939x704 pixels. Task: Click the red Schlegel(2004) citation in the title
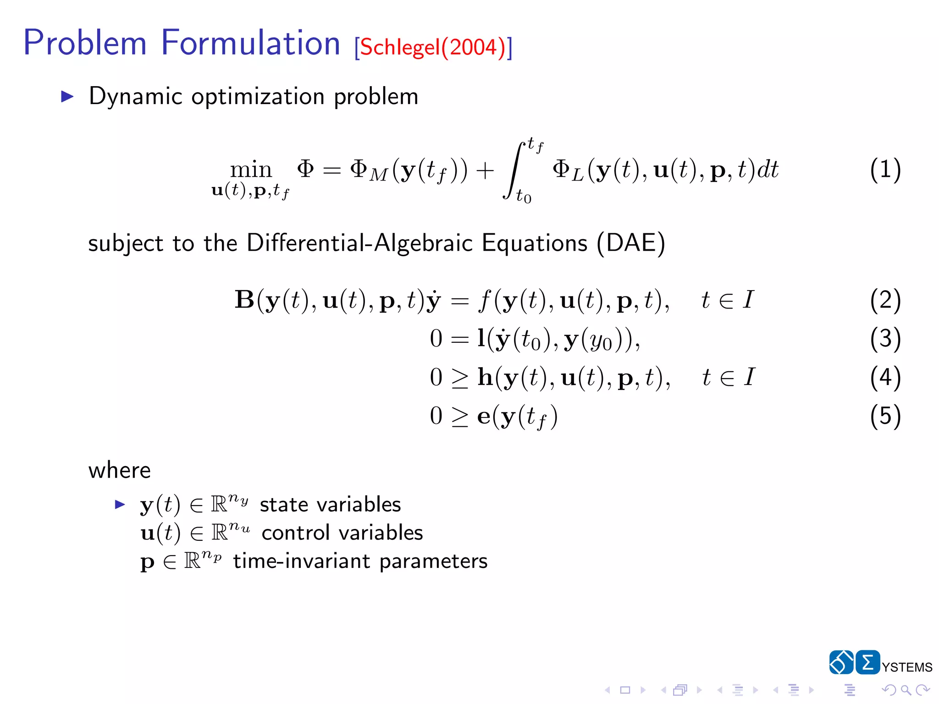pyautogui.click(x=433, y=47)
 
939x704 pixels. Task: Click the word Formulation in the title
pyautogui.click(x=250, y=43)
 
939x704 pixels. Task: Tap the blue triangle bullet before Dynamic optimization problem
pyautogui.click(x=67, y=96)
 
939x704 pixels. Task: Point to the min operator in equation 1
pyautogui.click(x=251, y=170)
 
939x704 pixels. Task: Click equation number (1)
pyautogui.click(x=885, y=170)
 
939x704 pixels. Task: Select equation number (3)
pyautogui.click(x=885, y=339)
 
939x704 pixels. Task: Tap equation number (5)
pyautogui.click(x=885, y=416)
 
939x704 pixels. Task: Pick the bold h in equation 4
pyautogui.click(x=485, y=377)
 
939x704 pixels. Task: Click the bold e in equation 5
pyautogui.click(x=484, y=417)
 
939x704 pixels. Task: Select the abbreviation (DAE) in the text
pyautogui.click(x=631, y=243)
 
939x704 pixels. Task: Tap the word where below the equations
pyautogui.click(x=120, y=471)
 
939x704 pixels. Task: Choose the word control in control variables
pyautogui.click(x=296, y=533)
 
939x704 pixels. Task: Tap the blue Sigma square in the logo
pyautogui.click(x=867, y=662)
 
